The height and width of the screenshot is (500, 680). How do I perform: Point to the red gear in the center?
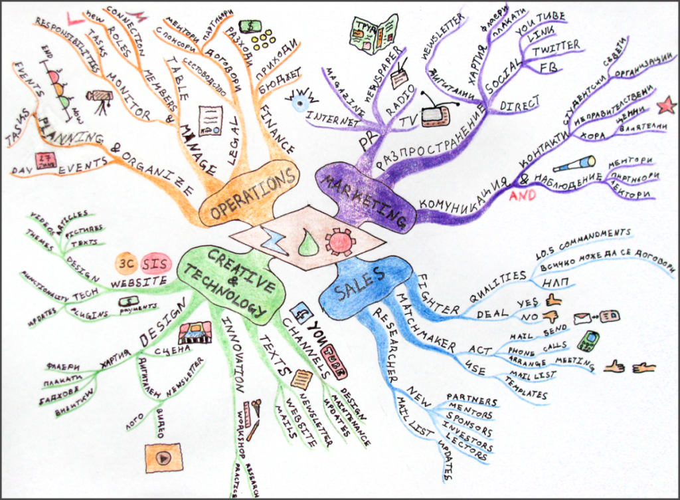tap(341, 241)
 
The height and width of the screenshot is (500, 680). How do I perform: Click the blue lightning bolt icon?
tap(273, 241)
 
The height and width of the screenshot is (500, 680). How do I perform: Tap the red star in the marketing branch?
tap(666, 104)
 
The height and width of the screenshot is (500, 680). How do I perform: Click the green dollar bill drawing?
tap(251, 26)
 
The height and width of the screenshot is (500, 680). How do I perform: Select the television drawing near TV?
tap(436, 113)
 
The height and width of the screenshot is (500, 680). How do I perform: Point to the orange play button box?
tap(163, 457)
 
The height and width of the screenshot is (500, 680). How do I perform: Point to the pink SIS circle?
tap(155, 263)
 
